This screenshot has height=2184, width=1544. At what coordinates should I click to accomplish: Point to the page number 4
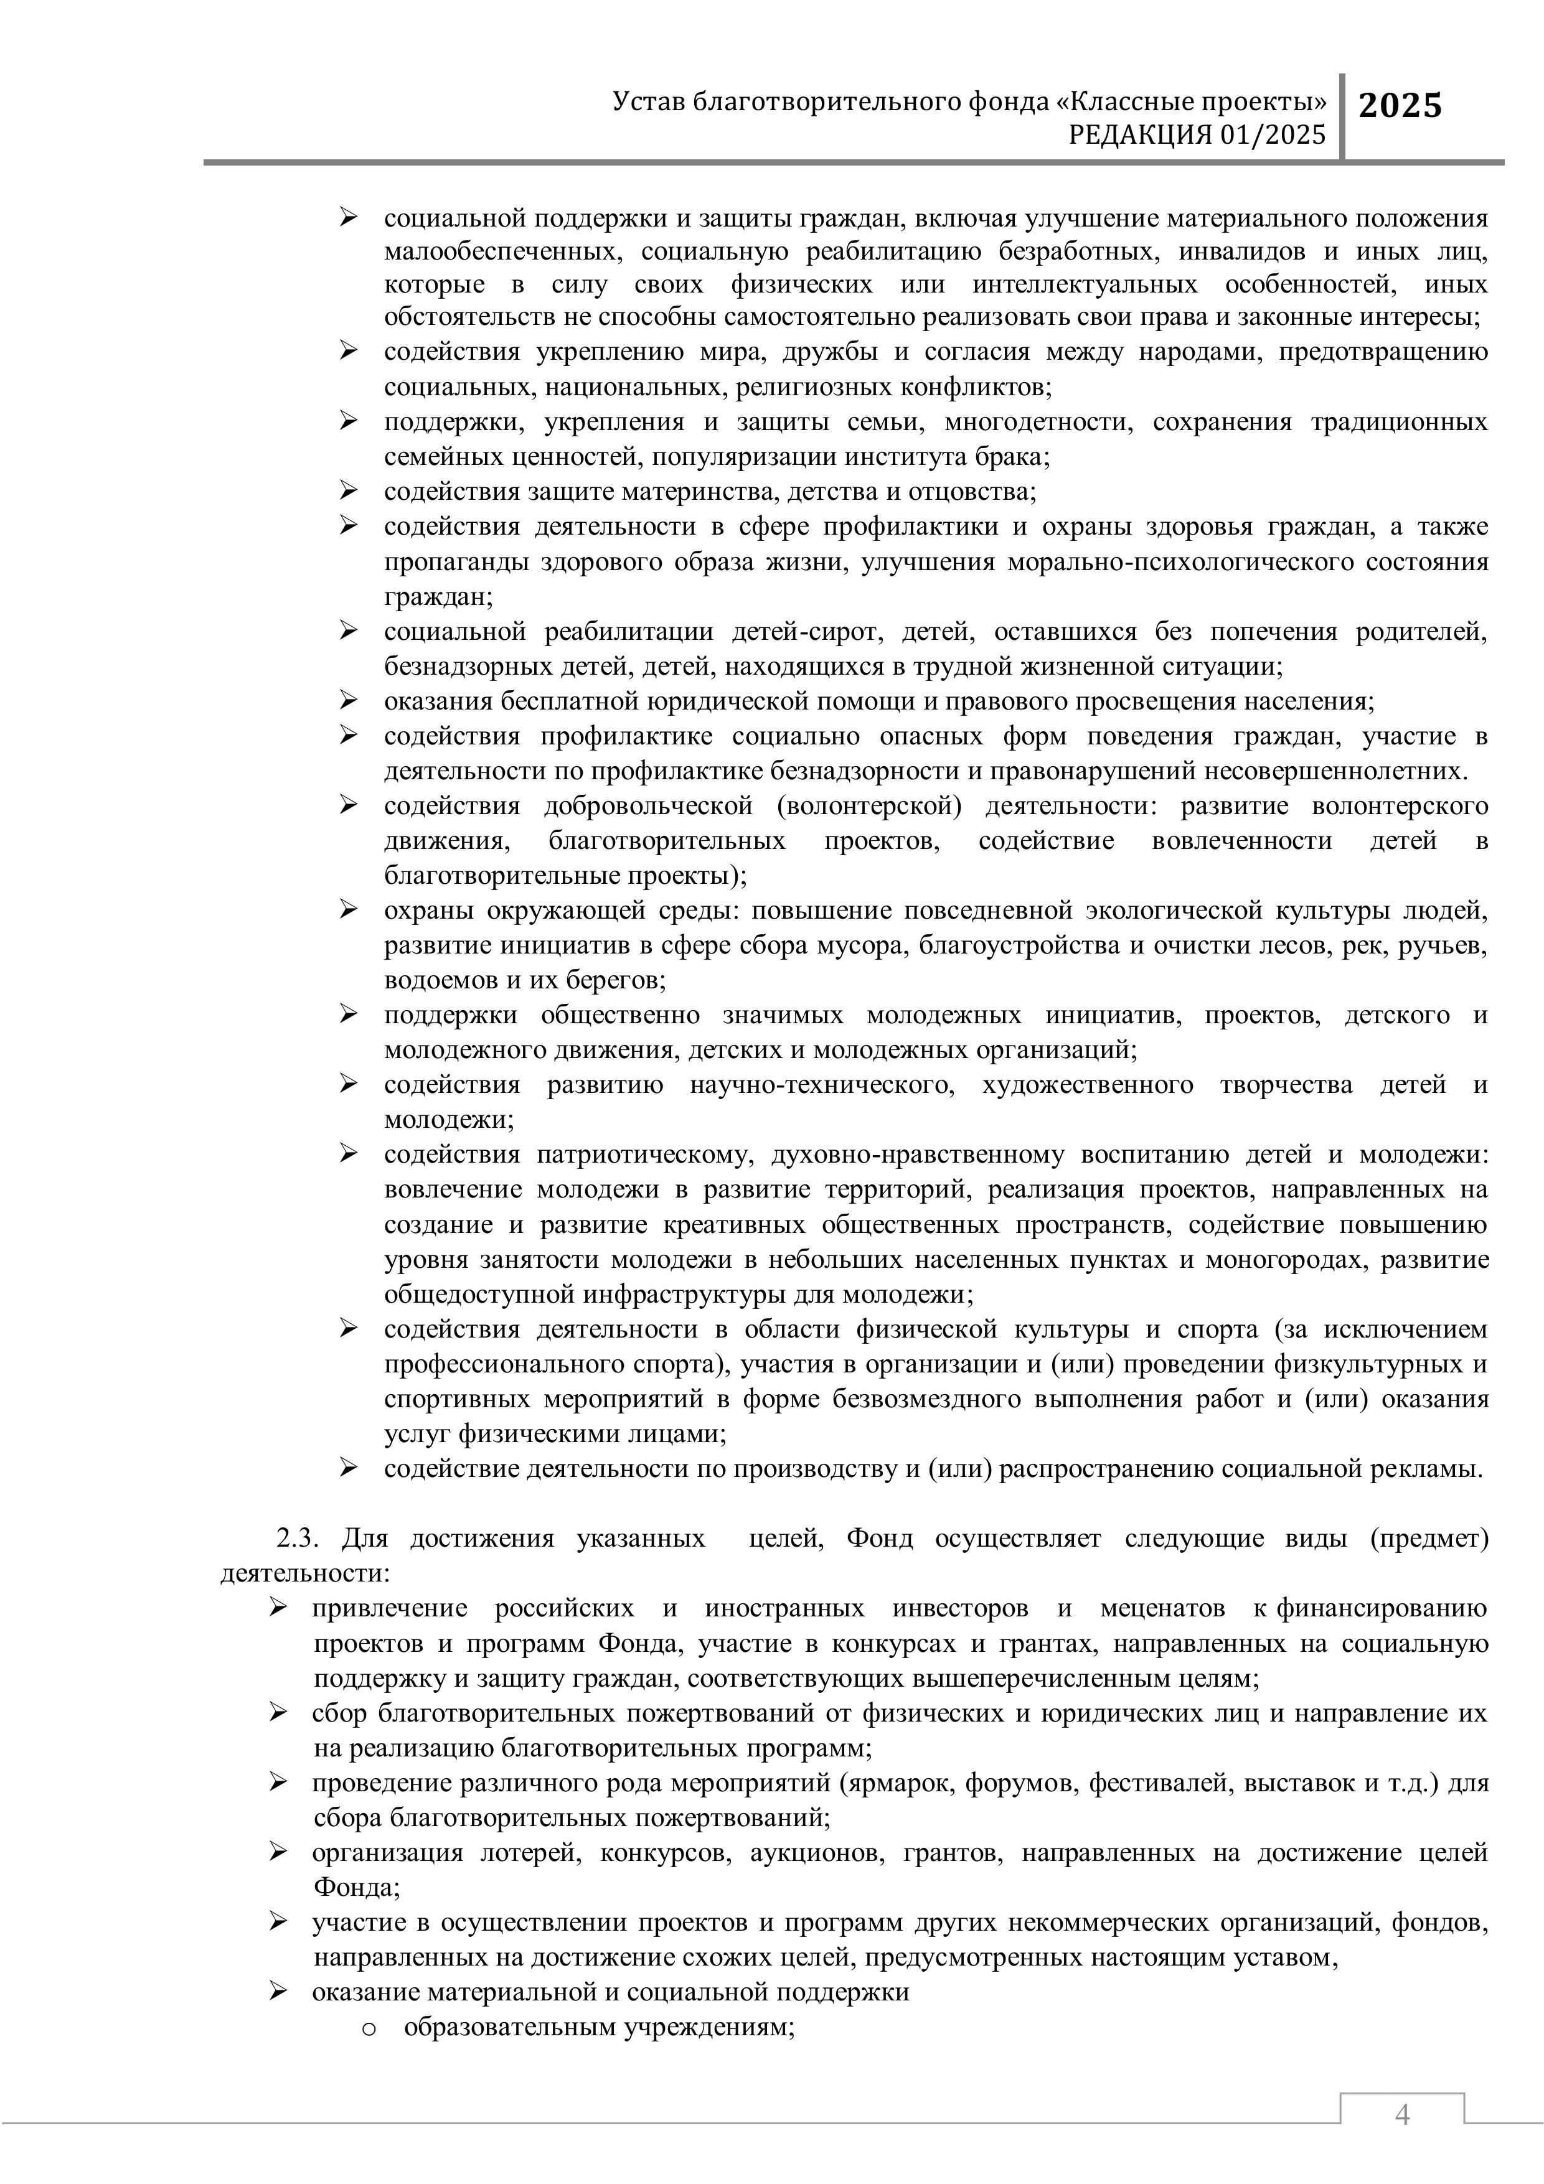(1401, 2114)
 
